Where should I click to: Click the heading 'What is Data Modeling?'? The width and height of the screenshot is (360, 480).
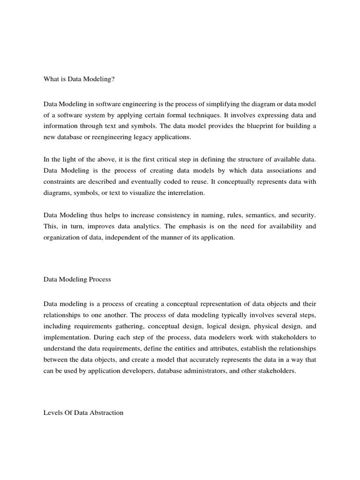pos(79,79)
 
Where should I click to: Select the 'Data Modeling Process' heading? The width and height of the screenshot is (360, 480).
pos(77,279)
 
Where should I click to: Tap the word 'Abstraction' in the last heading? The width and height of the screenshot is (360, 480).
pos(106,413)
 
